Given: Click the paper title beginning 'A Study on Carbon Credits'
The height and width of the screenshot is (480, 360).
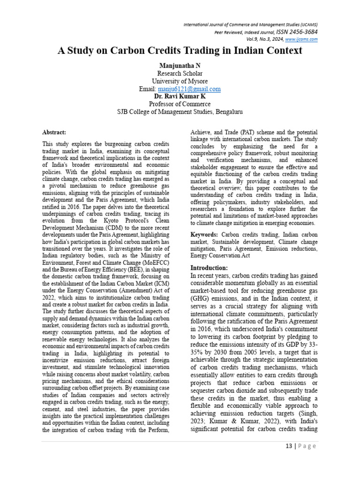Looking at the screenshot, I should pyautogui.click(x=180, y=51).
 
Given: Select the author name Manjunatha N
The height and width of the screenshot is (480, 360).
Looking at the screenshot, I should pyautogui.click(x=180, y=66).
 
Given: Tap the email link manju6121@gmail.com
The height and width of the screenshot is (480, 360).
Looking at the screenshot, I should pyautogui.click(x=189, y=89).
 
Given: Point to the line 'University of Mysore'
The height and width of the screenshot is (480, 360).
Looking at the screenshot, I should pyautogui.click(x=180, y=81).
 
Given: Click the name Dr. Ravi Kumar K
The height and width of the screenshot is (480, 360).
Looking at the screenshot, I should pyautogui.click(x=180, y=96).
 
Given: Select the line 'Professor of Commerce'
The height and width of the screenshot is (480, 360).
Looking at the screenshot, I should pyautogui.click(x=180, y=104).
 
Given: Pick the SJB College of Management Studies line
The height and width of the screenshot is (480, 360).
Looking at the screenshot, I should pyautogui.click(x=180, y=112).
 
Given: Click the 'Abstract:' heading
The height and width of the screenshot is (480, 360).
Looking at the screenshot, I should pyautogui.click(x=54, y=133).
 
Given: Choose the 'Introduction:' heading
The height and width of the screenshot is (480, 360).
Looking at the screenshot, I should pyautogui.click(x=209, y=268).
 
